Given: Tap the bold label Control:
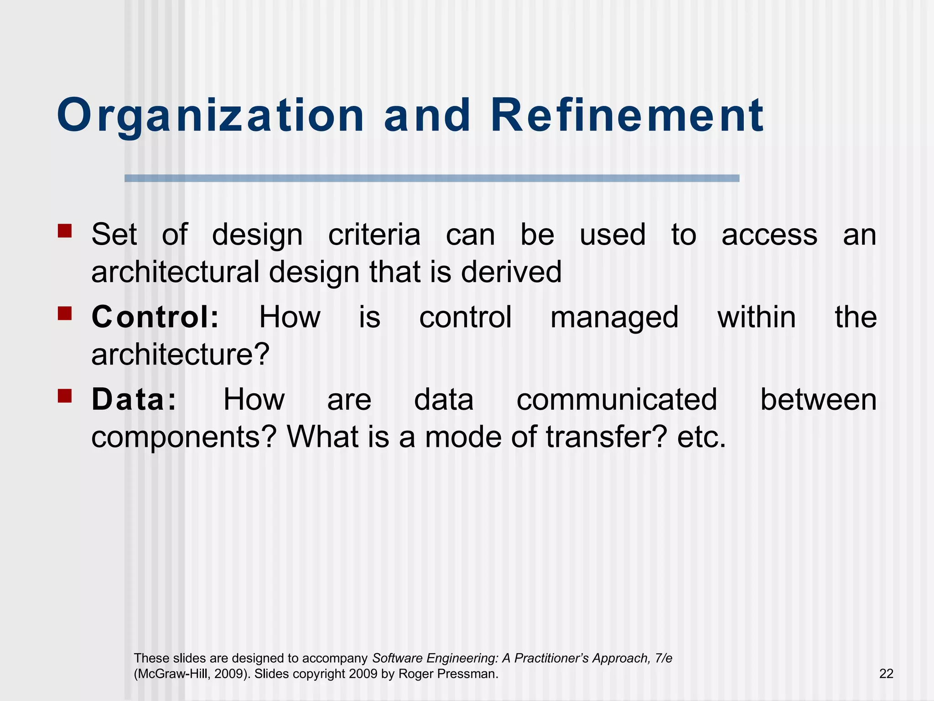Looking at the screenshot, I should pos(156,317).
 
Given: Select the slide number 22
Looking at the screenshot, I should pos(886,674).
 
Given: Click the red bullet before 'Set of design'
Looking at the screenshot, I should pos(65,230).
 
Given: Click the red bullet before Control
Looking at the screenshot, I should pos(65,313).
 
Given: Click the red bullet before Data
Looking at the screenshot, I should pos(65,396).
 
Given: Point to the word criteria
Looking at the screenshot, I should pos(374,235).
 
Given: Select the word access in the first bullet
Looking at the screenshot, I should pos(769,235).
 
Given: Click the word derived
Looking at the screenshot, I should pos(511,272).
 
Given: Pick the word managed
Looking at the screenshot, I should pos(614,318).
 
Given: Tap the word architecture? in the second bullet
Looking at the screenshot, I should pos(181,355).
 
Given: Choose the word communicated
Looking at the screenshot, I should pos(617,399).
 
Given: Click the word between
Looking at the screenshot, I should pos(818,399).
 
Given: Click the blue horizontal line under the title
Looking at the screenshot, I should pos(431,178).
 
